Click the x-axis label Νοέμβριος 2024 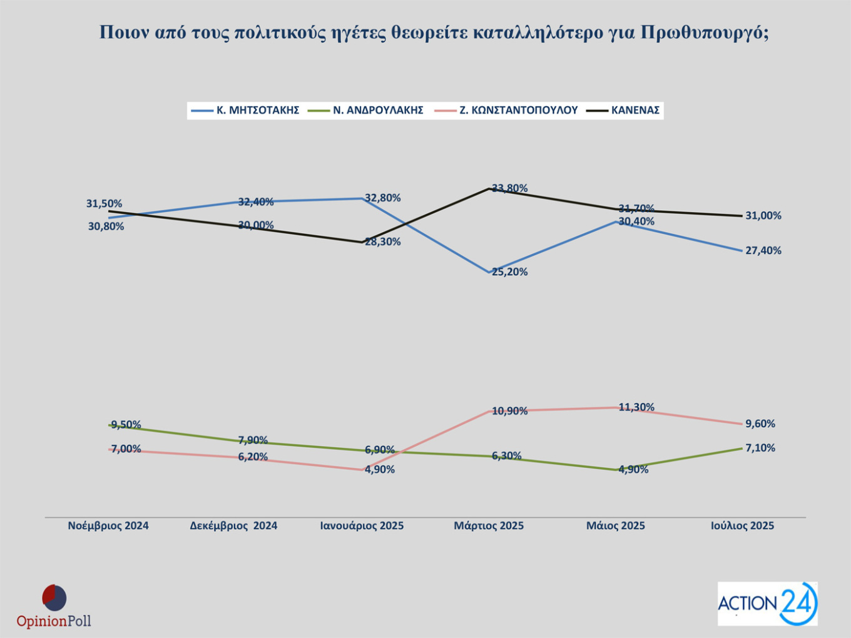tap(108, 526)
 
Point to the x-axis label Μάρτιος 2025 tap(489, 526)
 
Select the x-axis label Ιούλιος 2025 tap(742, 526)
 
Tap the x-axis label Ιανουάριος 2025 tap(362, 526)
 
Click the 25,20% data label tap(510, 272)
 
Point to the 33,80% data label tap(510, 188)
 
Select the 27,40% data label tap(763, 251)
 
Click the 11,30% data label tap(636, 407)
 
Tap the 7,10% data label tap(760, 448)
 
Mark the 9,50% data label tap(126, 425)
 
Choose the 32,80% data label tap(383, 198)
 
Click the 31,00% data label tap(763, 216)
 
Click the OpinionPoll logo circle tap(54, 598)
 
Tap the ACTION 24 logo tap(767, 604)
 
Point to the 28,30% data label tap(383, 242)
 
